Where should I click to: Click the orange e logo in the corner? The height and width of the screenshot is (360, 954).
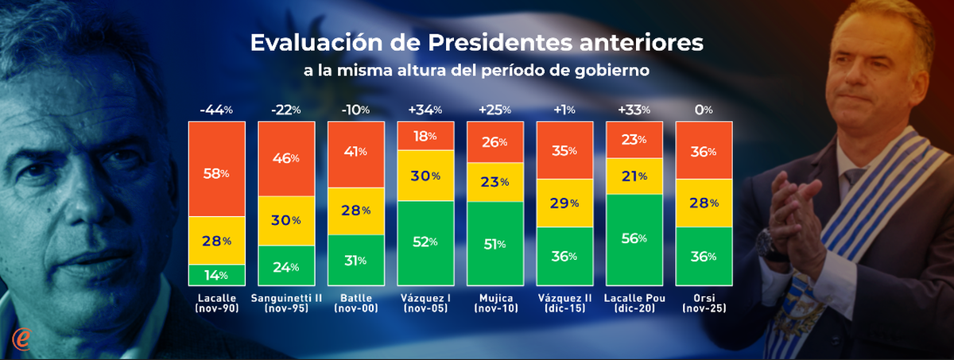21,338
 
